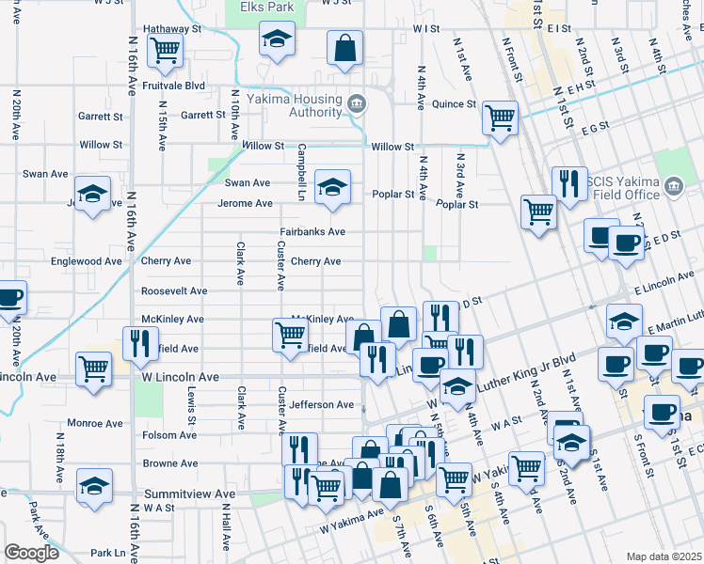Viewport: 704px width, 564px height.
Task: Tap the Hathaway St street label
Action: [171, 29]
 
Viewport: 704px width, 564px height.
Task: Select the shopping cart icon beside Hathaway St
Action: [166, 49]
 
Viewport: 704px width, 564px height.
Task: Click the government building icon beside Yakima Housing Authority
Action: [357, 102]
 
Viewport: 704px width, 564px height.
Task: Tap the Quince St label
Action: [454, 104]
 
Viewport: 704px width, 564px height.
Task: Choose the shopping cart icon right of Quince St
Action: [500, 117]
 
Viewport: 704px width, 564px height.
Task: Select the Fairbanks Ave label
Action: [312, 231]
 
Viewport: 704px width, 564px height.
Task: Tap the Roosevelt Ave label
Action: [174, 291]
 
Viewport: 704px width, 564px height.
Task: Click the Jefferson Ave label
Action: [322, 405]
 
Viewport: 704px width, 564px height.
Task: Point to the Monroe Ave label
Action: [94, 424]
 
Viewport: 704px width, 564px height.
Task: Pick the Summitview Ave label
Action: [189, 493]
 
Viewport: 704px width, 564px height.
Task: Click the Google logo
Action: [31, 553]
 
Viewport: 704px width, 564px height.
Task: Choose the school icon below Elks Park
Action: [276, 40]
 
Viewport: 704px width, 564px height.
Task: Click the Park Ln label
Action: [108, 553]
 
